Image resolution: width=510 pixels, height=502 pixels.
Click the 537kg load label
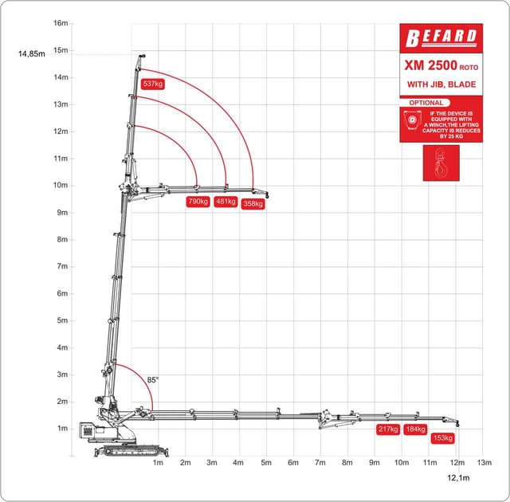pyautogui.click(x=153, y=84)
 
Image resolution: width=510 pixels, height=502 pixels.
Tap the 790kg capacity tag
pyautogui.click(x=198, y=202)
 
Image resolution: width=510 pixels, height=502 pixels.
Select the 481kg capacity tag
pyautogui.click(x=226, y=202)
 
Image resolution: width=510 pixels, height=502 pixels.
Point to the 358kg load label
pyautogui.click(x=253, y=204)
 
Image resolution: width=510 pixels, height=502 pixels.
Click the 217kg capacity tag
pyautogui.click(x=388, y=429)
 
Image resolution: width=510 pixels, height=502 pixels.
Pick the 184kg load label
pyautogui.click(x=415, y=429)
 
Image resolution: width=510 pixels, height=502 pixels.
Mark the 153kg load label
pyautogui.click(x=443, y=438)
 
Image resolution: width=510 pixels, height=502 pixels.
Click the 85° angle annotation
pyautogui.click(x=152, y=380)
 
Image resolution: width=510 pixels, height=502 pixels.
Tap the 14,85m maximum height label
pyautogui.click(x=32, y=54)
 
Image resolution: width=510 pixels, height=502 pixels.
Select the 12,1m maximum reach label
pyautogui.click(x=458, y=477)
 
